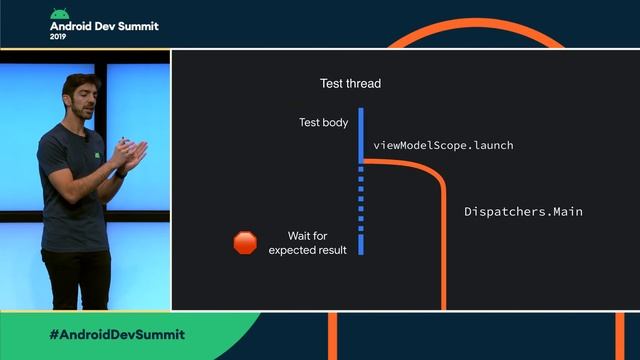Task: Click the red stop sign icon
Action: coord(245,242)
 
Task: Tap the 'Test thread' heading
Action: coord(350,83)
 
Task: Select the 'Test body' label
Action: coord(324,123)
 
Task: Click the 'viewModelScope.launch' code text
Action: coord(443,145)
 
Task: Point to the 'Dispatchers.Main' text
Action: coord(523,212)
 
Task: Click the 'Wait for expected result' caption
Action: coord(308,243)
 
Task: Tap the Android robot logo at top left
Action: coord(60,15)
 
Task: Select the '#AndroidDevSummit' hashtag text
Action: coord(116,333)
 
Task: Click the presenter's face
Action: coord(80,99)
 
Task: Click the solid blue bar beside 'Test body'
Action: coord(361,127)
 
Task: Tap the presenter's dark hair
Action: coord(77,81)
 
